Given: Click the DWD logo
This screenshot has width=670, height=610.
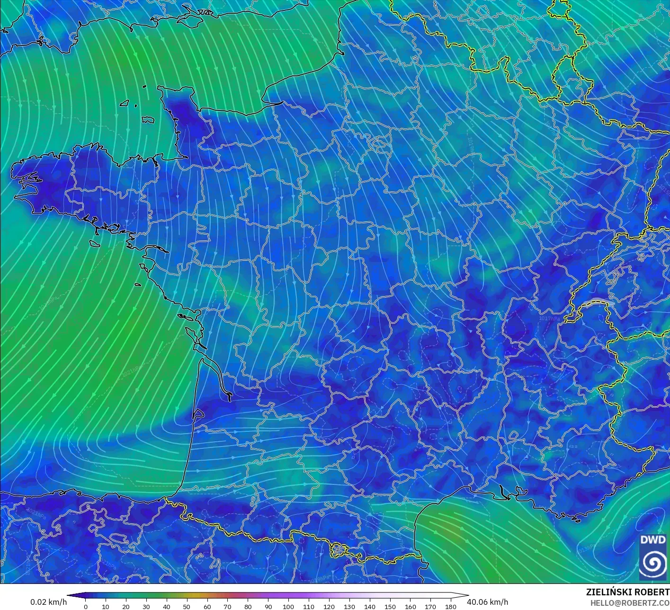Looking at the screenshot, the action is point(653,557).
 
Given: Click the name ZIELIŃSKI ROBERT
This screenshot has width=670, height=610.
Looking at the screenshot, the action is point(627,592).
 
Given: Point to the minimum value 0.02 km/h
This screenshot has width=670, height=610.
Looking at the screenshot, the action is point(48,602).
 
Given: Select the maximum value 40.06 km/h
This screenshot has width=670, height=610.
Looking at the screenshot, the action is point(487,602).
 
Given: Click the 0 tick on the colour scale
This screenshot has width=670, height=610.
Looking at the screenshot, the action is point(85,606).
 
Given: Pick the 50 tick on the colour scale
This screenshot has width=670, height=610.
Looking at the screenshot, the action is point(187,606).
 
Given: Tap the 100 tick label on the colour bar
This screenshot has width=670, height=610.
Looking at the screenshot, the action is point(288,606).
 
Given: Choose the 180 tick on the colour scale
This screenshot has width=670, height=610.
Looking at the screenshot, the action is point(451,606).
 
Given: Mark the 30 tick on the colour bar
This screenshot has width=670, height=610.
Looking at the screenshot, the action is point(146,606).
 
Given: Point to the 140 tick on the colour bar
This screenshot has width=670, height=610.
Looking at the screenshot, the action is point(370,606).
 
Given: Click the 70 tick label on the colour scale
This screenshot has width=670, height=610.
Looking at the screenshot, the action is point(227,606).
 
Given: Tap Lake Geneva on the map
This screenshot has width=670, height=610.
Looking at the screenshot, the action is point(598,302).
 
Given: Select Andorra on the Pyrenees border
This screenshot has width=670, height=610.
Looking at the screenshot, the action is point(340,550).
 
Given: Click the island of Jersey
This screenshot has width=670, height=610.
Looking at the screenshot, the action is point(148,120).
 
